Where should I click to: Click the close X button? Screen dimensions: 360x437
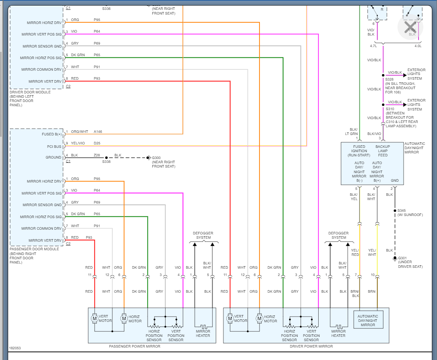pos(410,27)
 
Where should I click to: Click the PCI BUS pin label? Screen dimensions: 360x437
pos(54,146)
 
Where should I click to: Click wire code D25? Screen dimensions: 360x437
pos(97,143)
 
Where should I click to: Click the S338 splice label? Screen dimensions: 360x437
pos(106,162)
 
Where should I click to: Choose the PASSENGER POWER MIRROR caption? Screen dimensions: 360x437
pos(135,346)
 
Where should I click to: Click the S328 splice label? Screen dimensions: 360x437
pos(389,79)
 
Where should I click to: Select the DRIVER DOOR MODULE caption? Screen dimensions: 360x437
pos(30,92)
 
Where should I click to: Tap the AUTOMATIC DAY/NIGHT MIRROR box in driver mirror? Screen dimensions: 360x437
pos(368,321)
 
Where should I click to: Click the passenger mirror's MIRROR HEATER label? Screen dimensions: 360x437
pos(203,333)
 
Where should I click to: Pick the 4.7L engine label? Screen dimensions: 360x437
pos(373,45)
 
